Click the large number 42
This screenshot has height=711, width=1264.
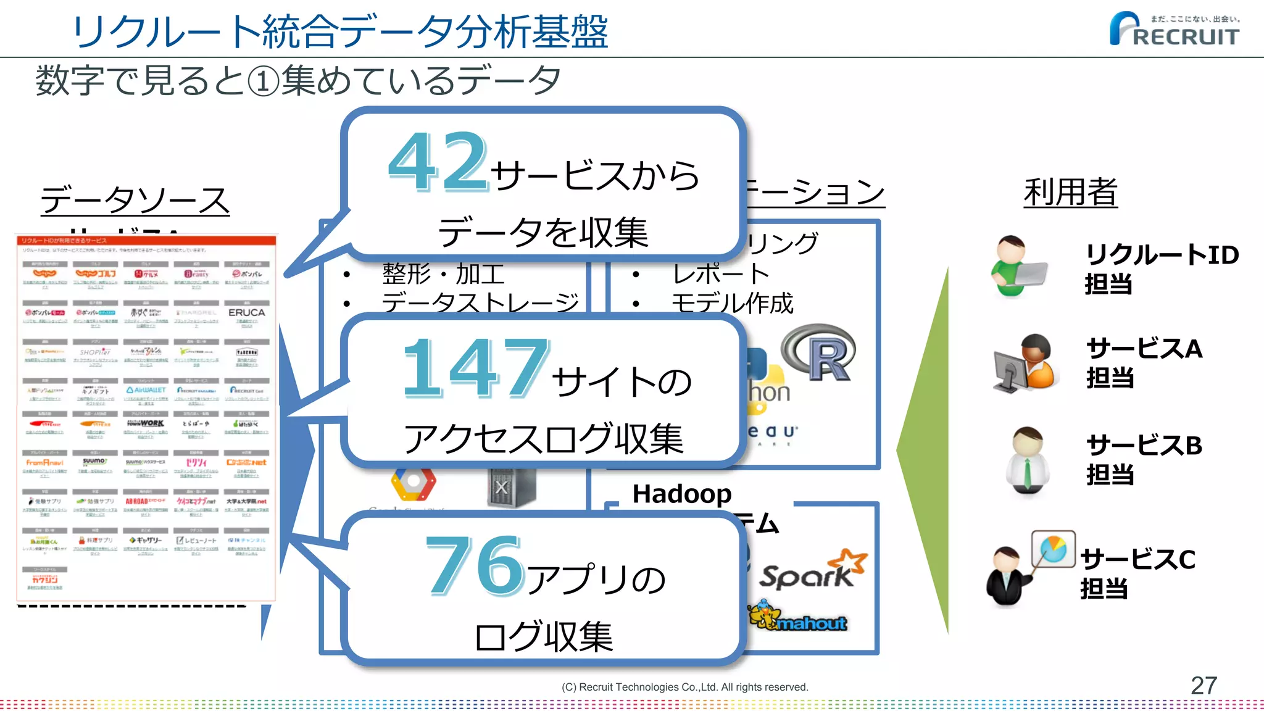(x=439, y=162)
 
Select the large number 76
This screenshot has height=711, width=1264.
(x=475, y=565)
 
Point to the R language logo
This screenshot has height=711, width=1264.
(x=819, y=353)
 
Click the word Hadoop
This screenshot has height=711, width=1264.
(x=682, y=494)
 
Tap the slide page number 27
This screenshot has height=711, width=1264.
(x=1203, y=685)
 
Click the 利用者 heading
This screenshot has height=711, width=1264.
(x=1070, y=192)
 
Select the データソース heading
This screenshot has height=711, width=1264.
(x=135, y=200)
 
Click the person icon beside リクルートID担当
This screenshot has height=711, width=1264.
(x=1017, y=267)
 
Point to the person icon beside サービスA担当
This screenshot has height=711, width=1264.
(x=1025, y=362)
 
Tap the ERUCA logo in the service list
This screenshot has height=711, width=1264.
(x=246, y=313)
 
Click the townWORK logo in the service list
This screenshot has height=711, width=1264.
(x=146, y=423)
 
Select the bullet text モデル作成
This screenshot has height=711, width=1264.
(x=732, y=304)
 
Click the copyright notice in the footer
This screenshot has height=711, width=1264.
(x=684, y=687)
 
